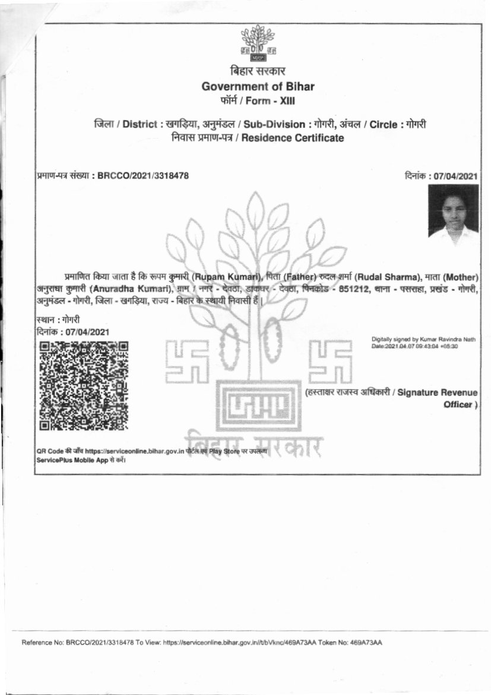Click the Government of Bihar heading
click(258, 86)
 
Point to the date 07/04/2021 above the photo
click(455, 175)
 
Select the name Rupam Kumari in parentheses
click(227, 277)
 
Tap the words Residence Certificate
click(307, 139)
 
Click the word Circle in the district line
click(387, 125)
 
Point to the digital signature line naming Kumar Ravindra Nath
click(423, 338)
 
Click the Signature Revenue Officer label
click(437, 398)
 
